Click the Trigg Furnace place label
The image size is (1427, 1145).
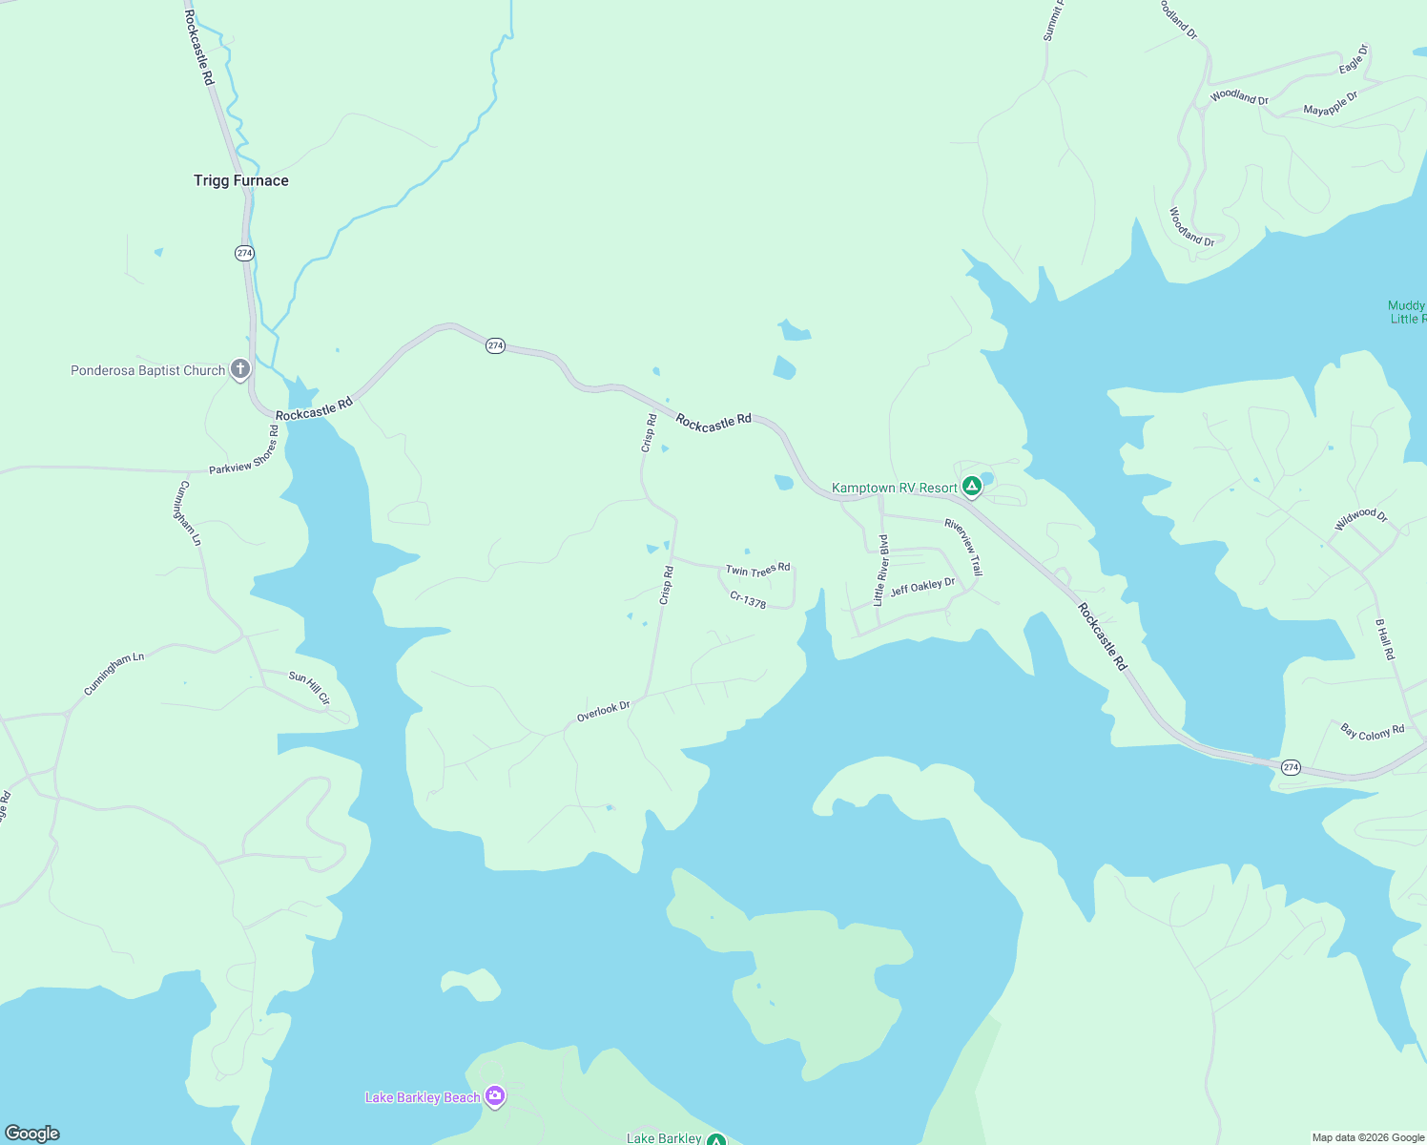(x=240, y=180)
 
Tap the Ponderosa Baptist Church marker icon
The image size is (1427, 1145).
(x=240, y=369)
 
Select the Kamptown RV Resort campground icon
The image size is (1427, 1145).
(x=971, y=487)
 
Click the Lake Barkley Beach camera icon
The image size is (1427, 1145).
(x=494, y=1096)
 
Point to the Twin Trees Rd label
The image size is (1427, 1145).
(x=757, y=570)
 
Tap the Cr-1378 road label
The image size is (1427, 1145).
(x=748, y=600)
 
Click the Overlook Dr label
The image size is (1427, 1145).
(x=603, y=712)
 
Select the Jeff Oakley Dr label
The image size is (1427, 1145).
(x=922, y=587)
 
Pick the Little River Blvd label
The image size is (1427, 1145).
(x=880, y=571)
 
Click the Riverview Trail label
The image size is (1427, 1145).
(x=963, y=547)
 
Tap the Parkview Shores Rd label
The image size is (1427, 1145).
(x=244, y=450)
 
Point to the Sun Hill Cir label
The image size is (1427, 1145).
(x=309, y=688)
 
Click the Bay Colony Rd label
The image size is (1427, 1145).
(x=1372, y=732)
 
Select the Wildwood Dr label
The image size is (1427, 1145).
(x=1361, y=519)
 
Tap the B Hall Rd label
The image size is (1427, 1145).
(x=1384, y=639)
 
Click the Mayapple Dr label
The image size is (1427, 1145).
(x=1330, y=104)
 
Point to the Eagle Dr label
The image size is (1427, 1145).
(x=1354, y=59)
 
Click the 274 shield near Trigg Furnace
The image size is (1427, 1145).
(x=244, y=253)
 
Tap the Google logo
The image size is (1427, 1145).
(x=32, y=1134)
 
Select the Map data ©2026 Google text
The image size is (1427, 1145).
(x=1368, y=1137)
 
